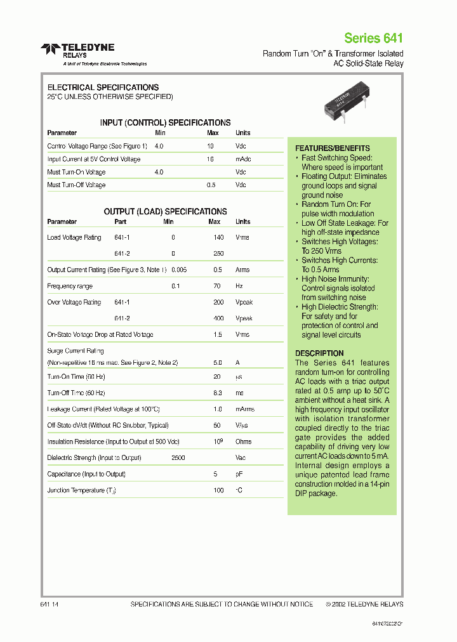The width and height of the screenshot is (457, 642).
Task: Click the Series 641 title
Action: pos(373,38)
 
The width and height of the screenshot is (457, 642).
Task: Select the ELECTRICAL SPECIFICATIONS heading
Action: pos(103,88)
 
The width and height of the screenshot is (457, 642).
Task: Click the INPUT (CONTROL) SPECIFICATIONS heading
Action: pos(165,122)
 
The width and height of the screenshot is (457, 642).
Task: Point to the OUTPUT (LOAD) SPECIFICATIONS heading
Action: pos(165,211)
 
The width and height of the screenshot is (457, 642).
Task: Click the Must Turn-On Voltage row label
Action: pos(76,172)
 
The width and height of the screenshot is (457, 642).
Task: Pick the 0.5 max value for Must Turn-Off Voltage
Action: pos(211,185)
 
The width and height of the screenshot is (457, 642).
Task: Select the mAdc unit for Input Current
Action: pos(243,159)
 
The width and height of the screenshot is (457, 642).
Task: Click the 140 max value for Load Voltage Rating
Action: pos(219,237)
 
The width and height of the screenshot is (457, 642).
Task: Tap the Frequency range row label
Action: pos(70,286)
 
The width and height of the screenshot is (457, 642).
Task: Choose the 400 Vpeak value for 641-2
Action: pos(219,318)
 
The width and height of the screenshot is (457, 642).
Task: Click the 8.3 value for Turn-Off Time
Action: pos(218,393)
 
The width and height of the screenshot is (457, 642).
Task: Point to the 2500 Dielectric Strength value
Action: pos(178,458)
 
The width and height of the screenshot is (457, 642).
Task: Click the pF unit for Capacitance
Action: pos(239,474)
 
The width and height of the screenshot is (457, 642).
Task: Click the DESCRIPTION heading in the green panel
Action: pos(319,353)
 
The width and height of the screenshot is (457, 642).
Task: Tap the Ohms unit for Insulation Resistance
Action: pos(243,442)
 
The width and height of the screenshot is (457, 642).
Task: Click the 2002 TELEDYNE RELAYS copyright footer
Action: pos(364,604)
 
